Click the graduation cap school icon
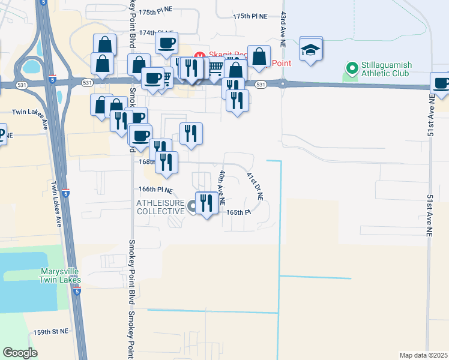[311, 50]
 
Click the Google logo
[20, 353]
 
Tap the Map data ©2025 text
[424, 355]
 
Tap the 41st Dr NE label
[255, 186]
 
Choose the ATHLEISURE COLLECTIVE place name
[160, 208]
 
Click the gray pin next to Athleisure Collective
[191, 207]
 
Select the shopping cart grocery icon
[216, 67]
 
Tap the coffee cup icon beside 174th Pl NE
[166, 43]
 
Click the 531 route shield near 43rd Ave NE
[260, 85]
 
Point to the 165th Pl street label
[238, 212]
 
